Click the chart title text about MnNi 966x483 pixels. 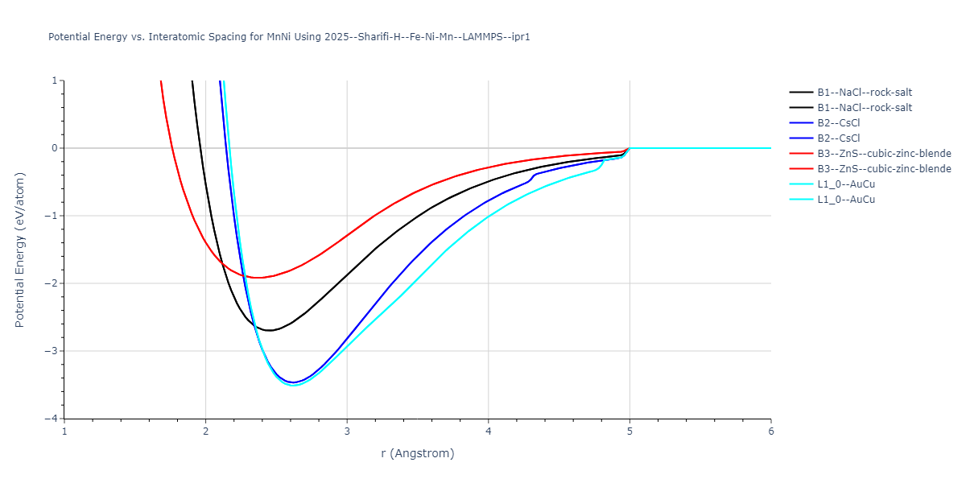point(289,37)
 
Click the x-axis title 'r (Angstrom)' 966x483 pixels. point(417,453)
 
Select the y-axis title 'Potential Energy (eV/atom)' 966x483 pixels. point(20,250)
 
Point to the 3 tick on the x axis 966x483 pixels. point(347,431)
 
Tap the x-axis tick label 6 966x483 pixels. point(770,431)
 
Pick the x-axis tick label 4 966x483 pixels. point(489,431)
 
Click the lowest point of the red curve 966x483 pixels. point(259,278)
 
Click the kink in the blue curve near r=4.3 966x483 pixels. point(533,175)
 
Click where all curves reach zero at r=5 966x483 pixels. point(630,148)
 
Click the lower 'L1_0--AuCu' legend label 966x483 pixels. point(846,200)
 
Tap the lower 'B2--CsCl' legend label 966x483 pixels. point(839,138)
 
